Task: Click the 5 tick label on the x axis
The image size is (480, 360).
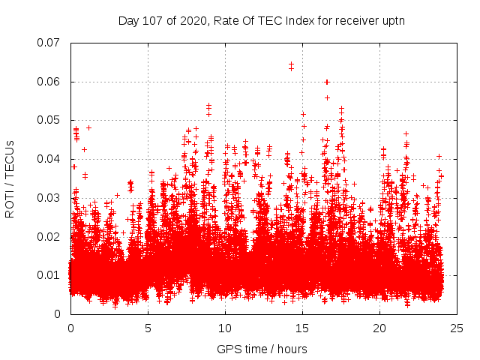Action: coord(148,328)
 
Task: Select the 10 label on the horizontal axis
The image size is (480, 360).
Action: coord(225,328)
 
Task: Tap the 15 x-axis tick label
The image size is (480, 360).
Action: coord(302,328)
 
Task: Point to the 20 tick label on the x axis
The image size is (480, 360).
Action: coord(379,328)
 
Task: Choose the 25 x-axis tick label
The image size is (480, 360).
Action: coord(457,328)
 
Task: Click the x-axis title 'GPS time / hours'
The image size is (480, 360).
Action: coord(262,349)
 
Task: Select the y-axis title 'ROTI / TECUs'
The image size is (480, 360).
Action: coord(10,178)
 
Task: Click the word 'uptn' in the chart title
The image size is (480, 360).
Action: coord(392,20)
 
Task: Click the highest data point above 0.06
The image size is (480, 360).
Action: coord(291,64)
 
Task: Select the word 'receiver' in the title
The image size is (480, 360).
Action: coord(354,20)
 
